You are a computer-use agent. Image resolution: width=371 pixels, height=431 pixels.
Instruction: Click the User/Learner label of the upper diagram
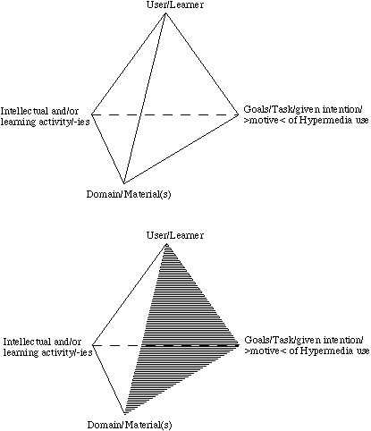pos(175,5)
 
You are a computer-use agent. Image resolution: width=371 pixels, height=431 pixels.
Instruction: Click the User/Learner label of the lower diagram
pos(175,235)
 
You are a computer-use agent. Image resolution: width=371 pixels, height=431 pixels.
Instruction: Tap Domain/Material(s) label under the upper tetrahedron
pos(129,194)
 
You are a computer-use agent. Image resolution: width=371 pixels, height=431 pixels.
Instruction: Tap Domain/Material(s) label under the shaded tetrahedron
pos(130,425)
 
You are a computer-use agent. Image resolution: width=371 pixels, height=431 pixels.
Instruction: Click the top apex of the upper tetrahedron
pos(165,13)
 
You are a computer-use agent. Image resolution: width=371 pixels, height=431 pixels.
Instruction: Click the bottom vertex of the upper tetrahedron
pos(124,183)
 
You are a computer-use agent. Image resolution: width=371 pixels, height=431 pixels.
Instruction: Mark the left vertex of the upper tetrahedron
pos(91,114)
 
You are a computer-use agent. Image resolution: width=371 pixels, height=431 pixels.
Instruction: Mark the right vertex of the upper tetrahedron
pos(239,114)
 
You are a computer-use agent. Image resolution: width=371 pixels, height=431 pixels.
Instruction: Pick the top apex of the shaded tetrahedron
pos(166,244)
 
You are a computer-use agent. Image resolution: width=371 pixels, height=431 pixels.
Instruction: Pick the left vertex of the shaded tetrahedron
pos(92,345)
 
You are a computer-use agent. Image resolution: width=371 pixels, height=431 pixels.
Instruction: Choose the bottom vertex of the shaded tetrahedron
pos(125,414)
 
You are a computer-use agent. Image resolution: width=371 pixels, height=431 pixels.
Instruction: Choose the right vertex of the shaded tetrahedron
pos(240,345)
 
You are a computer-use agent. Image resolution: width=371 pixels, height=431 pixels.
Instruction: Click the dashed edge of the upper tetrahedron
pos(165,114)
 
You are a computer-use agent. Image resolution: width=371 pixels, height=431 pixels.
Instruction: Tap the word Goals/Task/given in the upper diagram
pos(278,109)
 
